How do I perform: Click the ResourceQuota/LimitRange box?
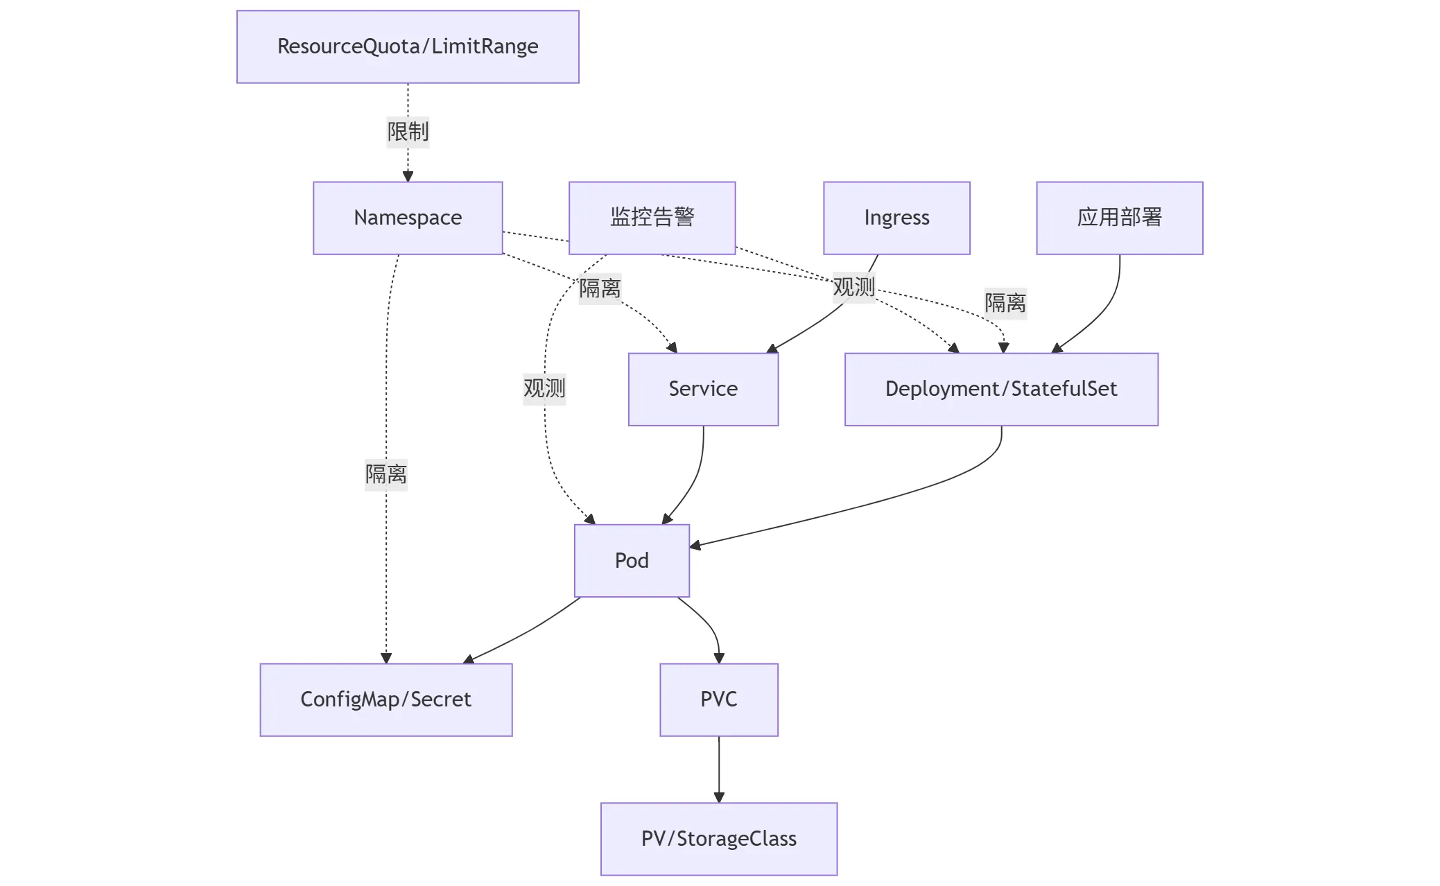[408, 46]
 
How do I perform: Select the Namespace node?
[408, 218]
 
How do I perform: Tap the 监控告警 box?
[652, 218]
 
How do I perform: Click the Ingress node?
[896, 218]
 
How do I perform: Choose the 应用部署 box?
[1119, 218]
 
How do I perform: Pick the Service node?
[703, 389]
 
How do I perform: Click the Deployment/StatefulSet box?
[1001, 389]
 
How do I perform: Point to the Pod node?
[632, 560]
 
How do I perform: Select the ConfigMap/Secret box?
[386, 700]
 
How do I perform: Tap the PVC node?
[719, 700]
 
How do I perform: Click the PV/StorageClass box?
[719, 839]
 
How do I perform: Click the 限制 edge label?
[408, 132]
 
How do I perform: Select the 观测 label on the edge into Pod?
[544, 388]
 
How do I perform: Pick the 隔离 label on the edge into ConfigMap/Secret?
[386, 474]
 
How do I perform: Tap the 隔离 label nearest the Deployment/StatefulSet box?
[1005, 303]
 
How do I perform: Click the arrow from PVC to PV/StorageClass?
[719, 770]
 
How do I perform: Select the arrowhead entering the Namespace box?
[408, 177]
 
